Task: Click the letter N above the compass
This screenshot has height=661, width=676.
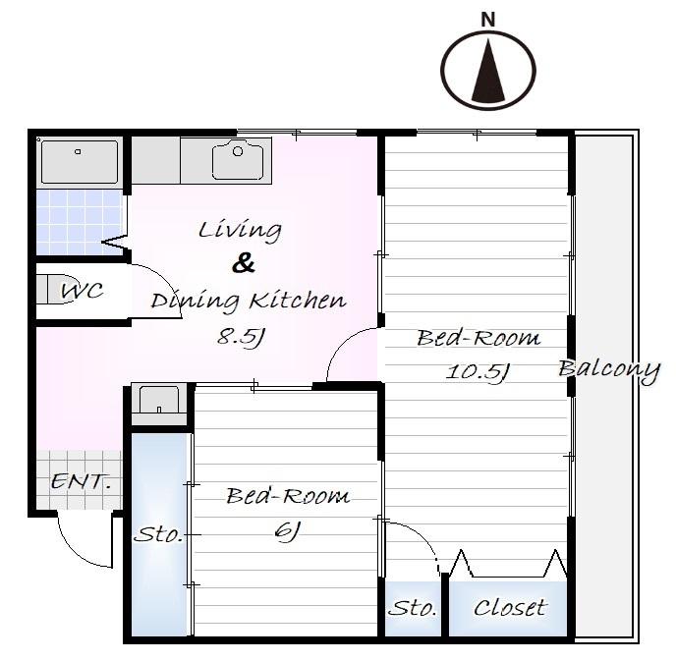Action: tap(487, 20)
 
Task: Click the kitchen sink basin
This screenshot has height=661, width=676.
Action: tap(238, 159)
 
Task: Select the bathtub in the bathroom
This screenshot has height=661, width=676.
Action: tap(80, 162)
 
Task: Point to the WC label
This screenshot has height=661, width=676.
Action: tap(82, 291)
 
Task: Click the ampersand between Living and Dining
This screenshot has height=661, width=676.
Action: tap(243, 263)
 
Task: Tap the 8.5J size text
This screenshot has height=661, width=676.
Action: tap(240, 337)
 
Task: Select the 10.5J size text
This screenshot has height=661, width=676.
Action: tap(478, 372)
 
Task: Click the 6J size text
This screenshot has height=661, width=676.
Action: tap(287, 531)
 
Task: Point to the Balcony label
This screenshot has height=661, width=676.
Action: tap(609, 370)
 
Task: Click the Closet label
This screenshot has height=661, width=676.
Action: tap(511, 608)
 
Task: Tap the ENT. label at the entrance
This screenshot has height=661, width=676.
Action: tap(81, 481)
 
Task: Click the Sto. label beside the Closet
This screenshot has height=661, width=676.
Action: tap(413, 608)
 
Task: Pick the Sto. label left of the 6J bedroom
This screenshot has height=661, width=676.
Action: tap(158, 534)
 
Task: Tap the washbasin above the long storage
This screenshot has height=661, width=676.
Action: tap(159, 400)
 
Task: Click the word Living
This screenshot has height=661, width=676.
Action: tap(240, 229)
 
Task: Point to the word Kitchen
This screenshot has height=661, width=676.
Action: tap(299, 300)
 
